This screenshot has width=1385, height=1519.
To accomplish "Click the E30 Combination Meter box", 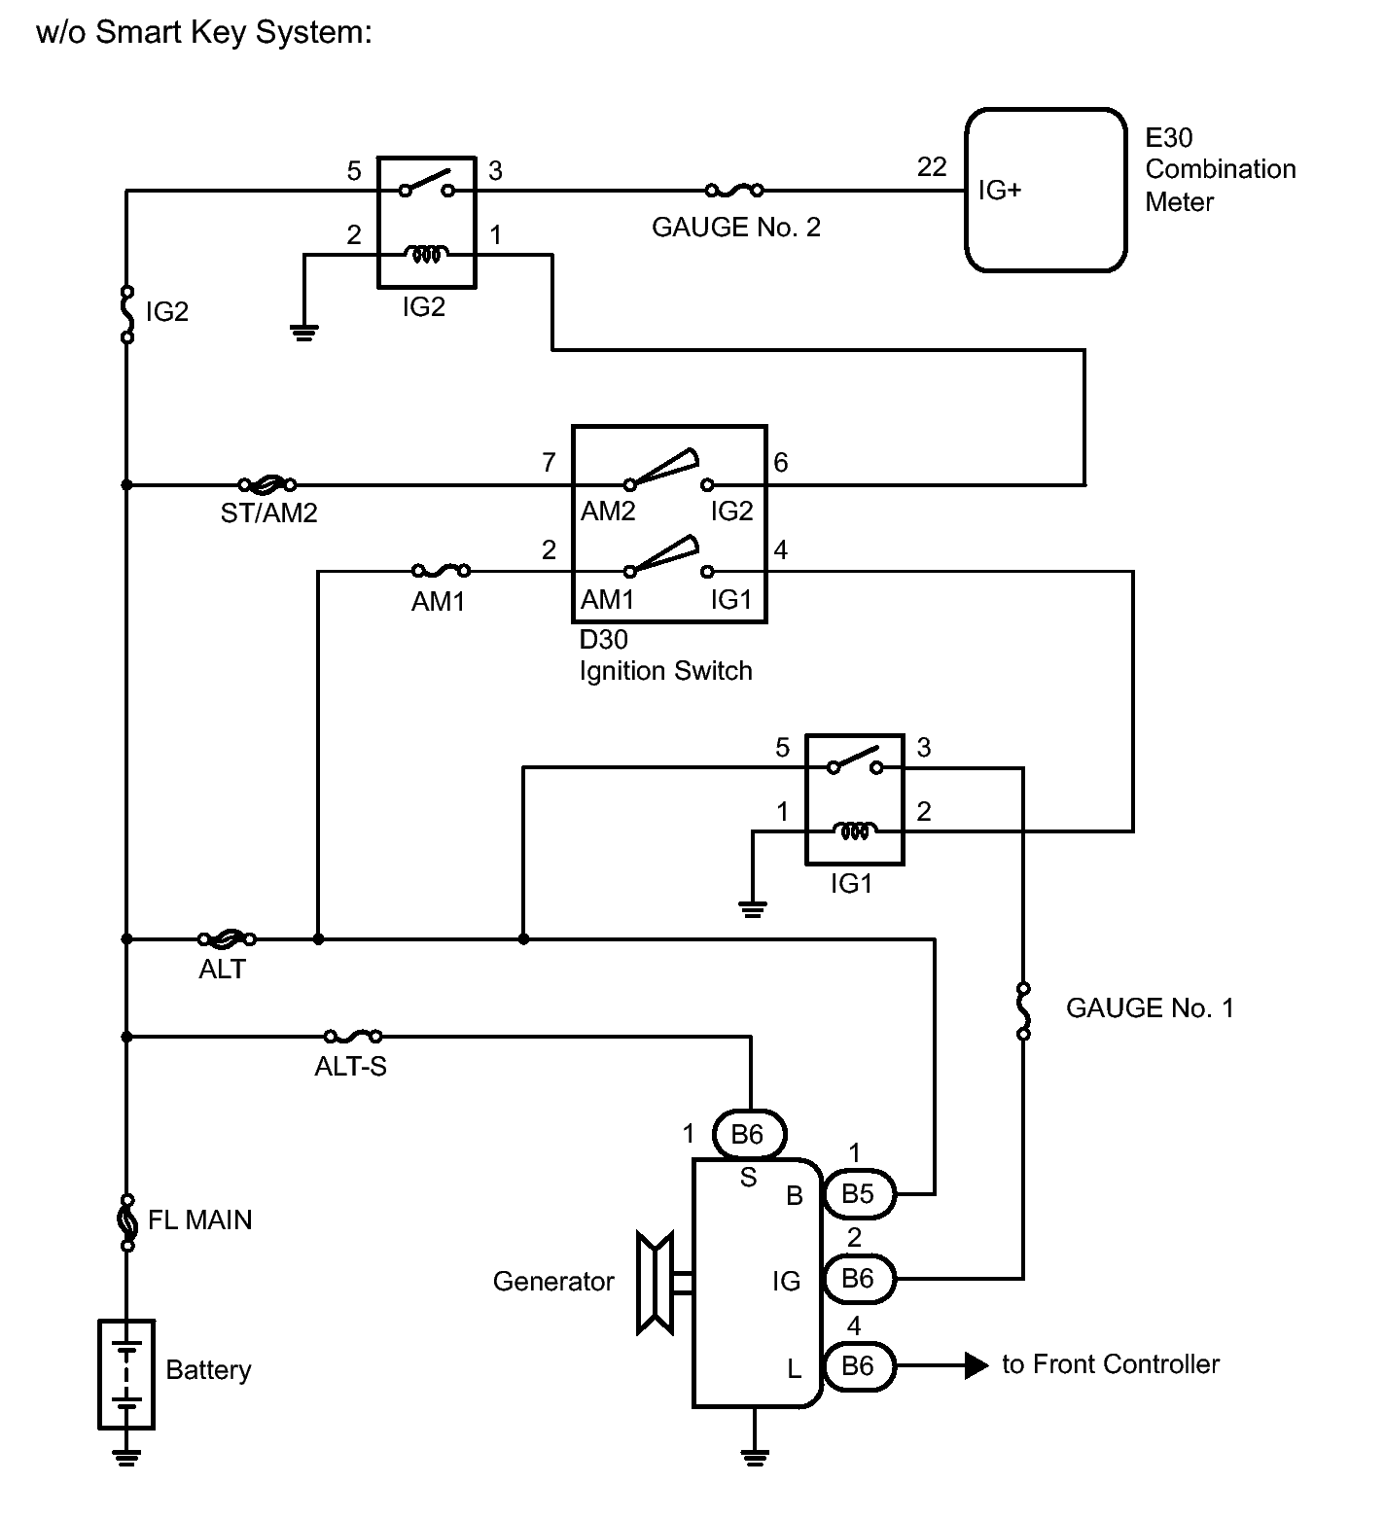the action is [1046, 190].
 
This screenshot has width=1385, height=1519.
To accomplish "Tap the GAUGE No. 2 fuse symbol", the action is [733, 190].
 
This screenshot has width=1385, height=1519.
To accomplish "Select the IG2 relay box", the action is [426, 222].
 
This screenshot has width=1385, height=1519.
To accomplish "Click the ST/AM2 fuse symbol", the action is [266, 484].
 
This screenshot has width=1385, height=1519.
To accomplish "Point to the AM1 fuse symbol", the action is [442, 571].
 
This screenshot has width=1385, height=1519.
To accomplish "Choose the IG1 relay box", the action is [855, 799].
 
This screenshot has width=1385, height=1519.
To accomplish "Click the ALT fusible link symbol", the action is [227, 938].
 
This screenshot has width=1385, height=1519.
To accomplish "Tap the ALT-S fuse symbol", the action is [352, 1036].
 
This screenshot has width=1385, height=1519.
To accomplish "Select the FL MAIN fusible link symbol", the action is [126, 1220].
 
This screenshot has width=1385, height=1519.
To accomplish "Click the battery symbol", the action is [126, 1374].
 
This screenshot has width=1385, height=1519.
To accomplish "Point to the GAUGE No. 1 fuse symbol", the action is [1022, 1010].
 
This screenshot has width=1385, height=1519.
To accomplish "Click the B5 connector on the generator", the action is [859, 1193].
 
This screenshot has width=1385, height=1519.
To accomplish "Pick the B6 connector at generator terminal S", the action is [748, 1134].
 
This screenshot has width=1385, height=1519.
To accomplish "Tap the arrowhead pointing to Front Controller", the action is [977, 1365].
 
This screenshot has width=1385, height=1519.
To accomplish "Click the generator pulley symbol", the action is [655, 1283].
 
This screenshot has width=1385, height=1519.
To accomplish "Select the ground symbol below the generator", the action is [755, 1456].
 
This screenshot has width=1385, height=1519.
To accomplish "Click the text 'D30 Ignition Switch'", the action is [665, 655].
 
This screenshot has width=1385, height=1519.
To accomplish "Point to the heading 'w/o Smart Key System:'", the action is [204, 32].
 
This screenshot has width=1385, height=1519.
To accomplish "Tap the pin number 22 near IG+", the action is [932, 167].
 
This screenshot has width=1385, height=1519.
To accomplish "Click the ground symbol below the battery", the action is [126, 1456].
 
